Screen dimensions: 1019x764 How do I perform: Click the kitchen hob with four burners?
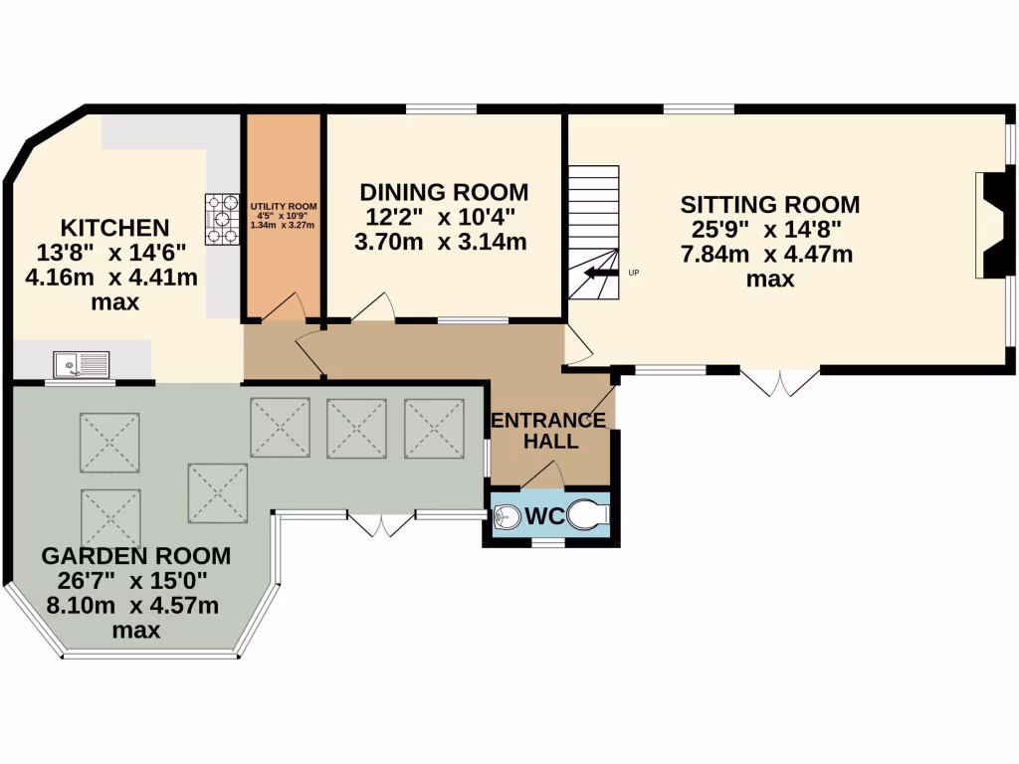pos(222,220)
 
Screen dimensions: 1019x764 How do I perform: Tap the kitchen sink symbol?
pos(82,364)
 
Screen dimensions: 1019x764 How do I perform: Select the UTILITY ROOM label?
pos(284,207)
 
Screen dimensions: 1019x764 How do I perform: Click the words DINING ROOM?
pos(444,192)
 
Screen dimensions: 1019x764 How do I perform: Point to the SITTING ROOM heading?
pos(770,205)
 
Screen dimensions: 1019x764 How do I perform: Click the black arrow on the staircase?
pos(600,273)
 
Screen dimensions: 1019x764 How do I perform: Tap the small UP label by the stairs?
pos(634,273)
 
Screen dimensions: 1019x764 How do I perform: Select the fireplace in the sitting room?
pos(994,225)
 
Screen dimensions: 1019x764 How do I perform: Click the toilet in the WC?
pos(588,515)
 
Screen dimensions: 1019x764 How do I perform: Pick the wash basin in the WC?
pos(507,517)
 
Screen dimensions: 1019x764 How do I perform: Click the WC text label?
pos(544,516)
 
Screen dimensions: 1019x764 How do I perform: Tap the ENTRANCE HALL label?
pos(549,430)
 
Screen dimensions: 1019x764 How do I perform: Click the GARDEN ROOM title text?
pos(135,556)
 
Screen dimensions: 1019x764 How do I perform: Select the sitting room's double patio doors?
pos(780,383)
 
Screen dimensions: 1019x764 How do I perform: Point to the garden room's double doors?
pos(381,524)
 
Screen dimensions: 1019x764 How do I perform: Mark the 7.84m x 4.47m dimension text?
pos(767,254)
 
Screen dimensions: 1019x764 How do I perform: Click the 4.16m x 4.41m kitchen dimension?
pos(111,278)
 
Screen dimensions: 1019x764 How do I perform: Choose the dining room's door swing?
pos(373,307)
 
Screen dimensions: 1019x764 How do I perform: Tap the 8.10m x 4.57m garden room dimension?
pos(132,606)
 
